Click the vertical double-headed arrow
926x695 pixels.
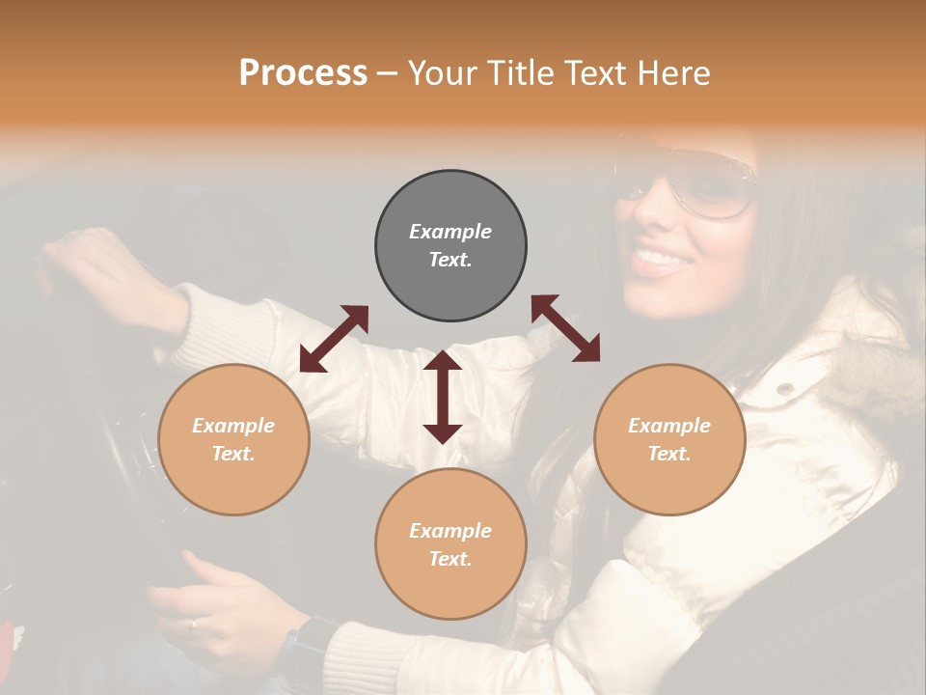coord(443,397)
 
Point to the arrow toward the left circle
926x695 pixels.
coord(334,339)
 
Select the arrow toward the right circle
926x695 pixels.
coord(565,328)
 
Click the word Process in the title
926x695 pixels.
coord(303,72)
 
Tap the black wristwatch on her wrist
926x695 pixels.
coord(306,649)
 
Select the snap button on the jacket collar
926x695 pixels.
coord(785,388)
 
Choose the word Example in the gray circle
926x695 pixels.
coord(450,232)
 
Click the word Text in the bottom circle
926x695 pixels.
coord(450,559)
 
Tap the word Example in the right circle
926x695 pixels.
coord(669,426)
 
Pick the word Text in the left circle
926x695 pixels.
coord(233,454)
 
